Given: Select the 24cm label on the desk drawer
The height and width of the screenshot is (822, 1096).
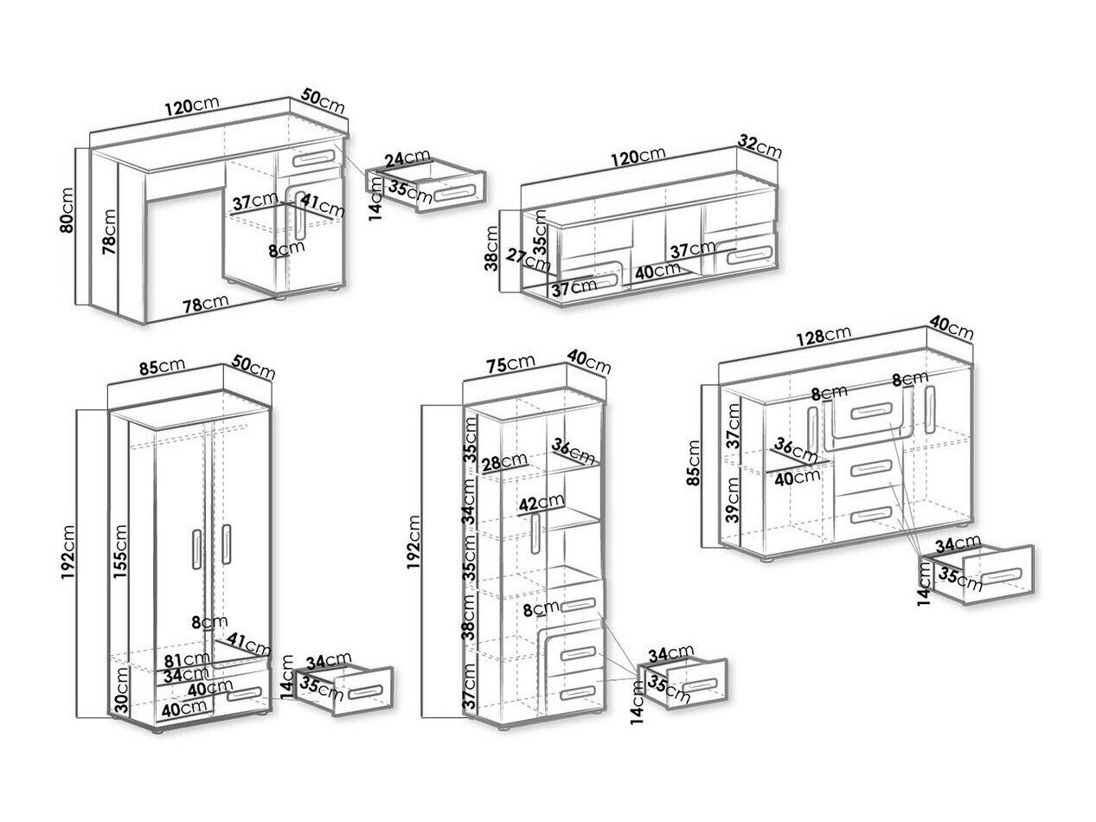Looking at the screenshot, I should coord(406,160).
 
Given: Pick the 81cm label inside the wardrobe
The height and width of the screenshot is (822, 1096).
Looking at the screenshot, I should coord(184,660).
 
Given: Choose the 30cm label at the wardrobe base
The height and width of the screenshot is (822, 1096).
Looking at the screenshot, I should coord(122,691).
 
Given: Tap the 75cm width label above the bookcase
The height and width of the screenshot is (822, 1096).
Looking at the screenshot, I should coord(511,364).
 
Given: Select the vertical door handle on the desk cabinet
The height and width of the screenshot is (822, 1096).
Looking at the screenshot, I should coord(299,216).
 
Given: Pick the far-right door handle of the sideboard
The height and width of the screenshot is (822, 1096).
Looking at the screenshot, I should coord(931,406).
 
